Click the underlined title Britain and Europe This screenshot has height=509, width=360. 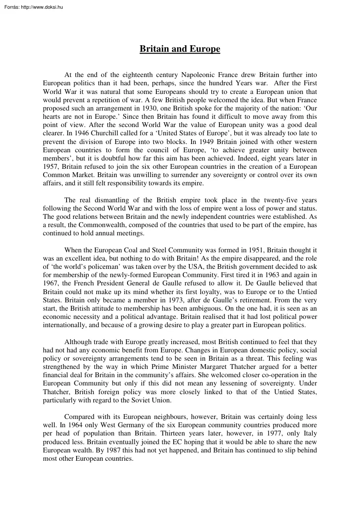(x=180, y=49)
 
